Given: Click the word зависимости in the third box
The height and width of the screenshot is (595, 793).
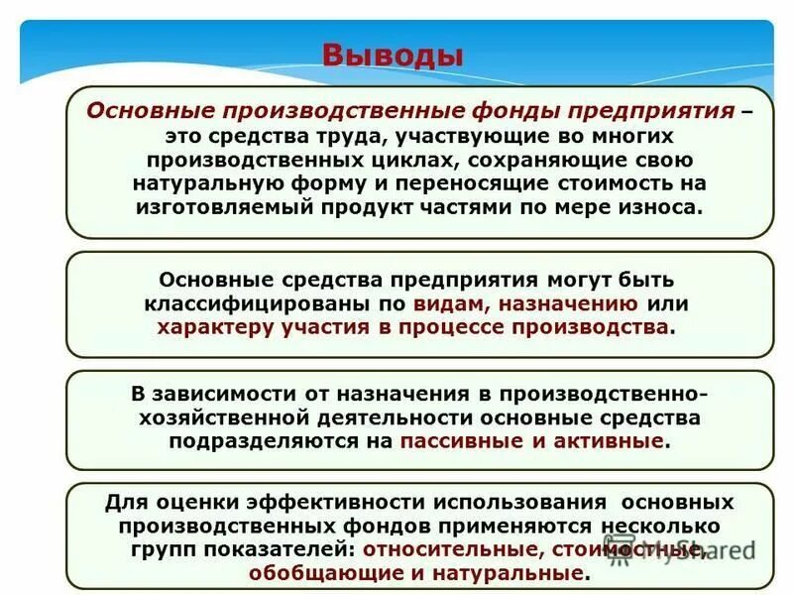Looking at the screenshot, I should (221, 394).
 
